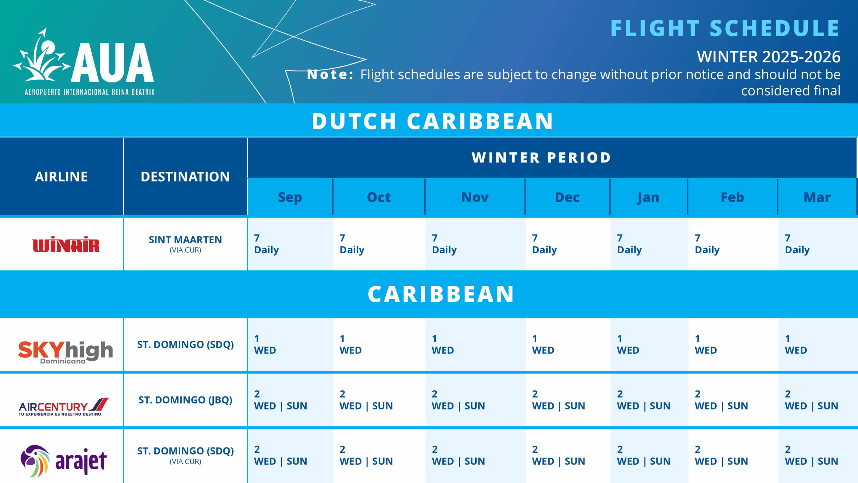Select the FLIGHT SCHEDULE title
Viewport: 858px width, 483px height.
point(725,28)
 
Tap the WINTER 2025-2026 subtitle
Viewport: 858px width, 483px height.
point(768,57)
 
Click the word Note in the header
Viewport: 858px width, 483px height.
point(330,74)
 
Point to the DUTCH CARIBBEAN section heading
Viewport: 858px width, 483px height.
point(432,121)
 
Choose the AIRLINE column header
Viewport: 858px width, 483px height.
point(61,177)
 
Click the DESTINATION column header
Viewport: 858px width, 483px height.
point(185,177)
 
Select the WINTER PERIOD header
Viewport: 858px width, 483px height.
point(541,158)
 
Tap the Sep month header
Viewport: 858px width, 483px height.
point(290,197)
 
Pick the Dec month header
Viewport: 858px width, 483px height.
point(567,197)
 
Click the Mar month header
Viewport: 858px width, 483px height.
point(817,197)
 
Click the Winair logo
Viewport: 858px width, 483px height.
point(66,244)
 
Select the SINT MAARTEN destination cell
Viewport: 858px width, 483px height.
point(185,244)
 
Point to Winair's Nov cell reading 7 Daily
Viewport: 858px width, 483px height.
point(444,244)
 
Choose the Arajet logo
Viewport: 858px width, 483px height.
point(64,461)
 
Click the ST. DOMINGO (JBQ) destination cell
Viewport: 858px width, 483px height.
point(185,400)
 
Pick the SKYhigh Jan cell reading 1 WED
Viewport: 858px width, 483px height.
point(628,344)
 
